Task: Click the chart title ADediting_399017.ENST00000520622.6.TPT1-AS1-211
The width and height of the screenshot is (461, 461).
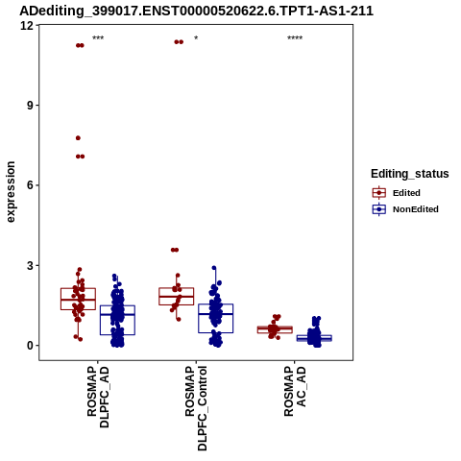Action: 196,11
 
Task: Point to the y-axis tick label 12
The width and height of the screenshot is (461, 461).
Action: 27,25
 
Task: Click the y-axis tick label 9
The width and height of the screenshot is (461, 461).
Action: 31,106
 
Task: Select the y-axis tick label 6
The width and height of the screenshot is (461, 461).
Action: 31,185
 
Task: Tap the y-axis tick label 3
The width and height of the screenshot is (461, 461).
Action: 31,265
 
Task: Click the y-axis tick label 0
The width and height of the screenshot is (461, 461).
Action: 31,346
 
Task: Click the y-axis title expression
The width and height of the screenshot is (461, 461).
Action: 11,192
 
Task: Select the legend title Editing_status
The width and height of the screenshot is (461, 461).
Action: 410,174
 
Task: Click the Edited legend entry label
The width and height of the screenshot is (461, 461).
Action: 406,193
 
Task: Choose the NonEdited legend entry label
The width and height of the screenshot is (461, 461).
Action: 416,209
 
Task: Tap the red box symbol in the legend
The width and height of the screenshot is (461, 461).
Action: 379,193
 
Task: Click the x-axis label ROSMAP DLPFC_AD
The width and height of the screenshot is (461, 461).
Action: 98,397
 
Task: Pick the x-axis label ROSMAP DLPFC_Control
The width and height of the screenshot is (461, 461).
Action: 196,408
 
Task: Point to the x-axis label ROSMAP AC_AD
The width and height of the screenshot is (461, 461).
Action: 295,391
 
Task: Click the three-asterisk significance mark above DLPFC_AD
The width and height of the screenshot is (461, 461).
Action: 98,38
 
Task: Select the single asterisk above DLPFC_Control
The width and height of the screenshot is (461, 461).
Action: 196,38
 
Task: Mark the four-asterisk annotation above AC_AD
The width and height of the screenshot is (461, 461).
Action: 295,38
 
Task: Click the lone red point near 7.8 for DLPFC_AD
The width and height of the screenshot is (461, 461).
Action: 78,138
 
